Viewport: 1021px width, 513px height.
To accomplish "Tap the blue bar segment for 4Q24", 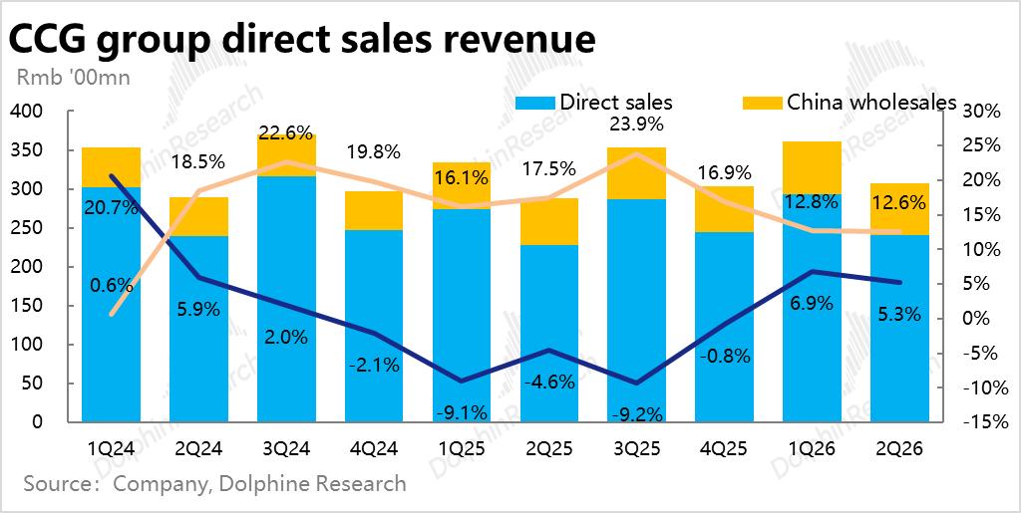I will [374, 329].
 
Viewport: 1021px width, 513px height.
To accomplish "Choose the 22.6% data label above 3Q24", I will [286, 132].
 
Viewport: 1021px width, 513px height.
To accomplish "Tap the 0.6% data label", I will [111, 285].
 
